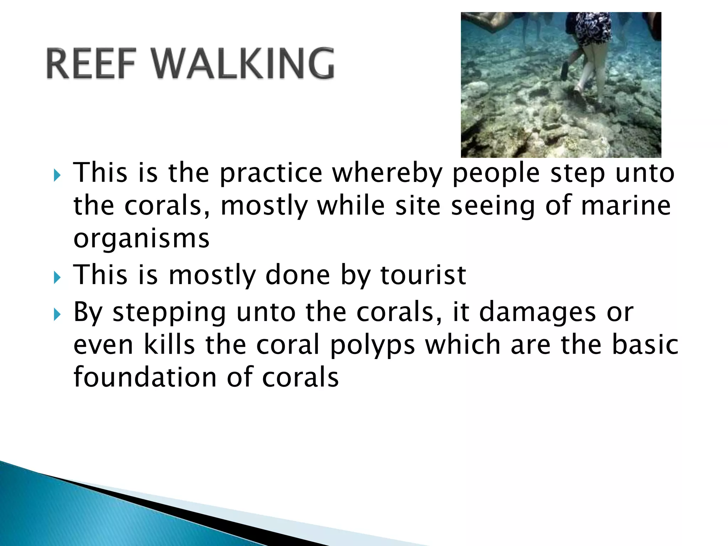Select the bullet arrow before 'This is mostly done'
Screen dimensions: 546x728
pos(57,277)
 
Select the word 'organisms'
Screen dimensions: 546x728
pos(141,239)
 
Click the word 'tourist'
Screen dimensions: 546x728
pos(423,275)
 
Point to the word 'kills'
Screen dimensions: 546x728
pos(169,345)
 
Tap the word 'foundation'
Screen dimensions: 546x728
pos(145,377)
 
